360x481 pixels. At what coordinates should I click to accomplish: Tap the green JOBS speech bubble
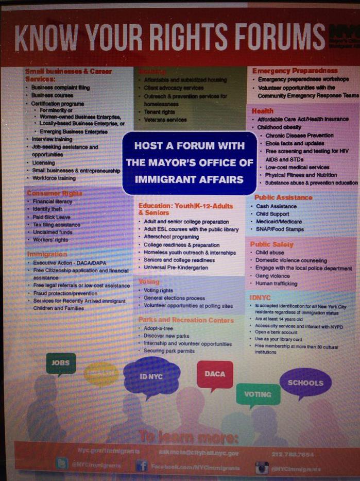coord(61,363)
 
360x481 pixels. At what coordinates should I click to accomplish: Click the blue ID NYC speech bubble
coord(152,376)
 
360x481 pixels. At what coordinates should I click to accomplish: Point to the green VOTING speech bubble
coord(258,394)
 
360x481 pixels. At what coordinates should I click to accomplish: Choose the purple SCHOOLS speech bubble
coord(305,383)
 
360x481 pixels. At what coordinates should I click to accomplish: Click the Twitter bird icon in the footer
coord(62,464)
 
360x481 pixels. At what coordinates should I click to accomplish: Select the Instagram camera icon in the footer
coord(262,468)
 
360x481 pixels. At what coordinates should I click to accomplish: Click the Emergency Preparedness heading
coord(295,71)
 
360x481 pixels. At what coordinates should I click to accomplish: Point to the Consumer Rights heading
coord(55,193)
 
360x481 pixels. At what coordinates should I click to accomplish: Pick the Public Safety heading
coord(271,244)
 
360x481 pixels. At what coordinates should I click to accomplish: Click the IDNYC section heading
coord(260,297)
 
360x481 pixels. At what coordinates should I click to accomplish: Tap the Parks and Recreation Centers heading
coord(186,320)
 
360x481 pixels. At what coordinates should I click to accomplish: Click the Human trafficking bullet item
coord(277,284)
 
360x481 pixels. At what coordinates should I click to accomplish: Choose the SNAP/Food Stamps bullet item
coord(280,229)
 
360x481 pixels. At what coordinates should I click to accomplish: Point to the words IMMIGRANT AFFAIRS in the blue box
coord(188,179)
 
